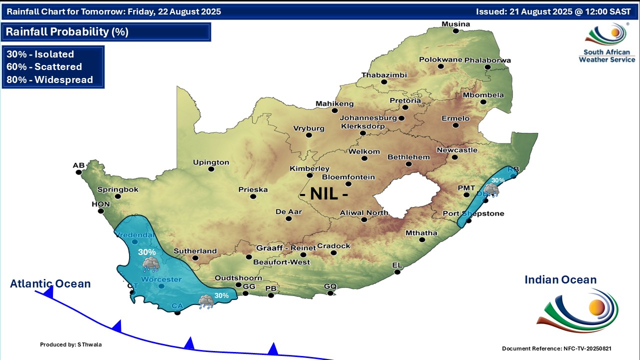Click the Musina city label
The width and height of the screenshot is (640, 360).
point(455,24)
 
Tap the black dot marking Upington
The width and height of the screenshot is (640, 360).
point(211,169)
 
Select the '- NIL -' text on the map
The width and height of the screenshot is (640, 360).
point(323,193)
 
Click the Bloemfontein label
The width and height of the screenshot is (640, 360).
point(348,177)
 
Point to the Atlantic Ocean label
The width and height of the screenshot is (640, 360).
point(50,284)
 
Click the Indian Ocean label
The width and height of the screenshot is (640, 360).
point(560,280)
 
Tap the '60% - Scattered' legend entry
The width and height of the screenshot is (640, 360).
point(44,66)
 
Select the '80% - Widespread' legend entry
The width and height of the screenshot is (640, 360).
point(49,79)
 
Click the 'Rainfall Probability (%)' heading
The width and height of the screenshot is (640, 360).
point(67,32)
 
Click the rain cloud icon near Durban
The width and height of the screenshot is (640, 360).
point(491,189)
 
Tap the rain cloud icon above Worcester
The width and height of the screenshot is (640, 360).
point(150,264)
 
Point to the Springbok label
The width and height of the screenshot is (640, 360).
point(117,189)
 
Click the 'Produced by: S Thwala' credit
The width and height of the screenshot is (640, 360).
point(71,344)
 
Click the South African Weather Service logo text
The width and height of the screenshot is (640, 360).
point(606,55)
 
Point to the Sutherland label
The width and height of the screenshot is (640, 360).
point(195,251)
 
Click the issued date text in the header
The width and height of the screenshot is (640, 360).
point(553,11)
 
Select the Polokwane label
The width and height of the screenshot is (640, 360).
point(440,59)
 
